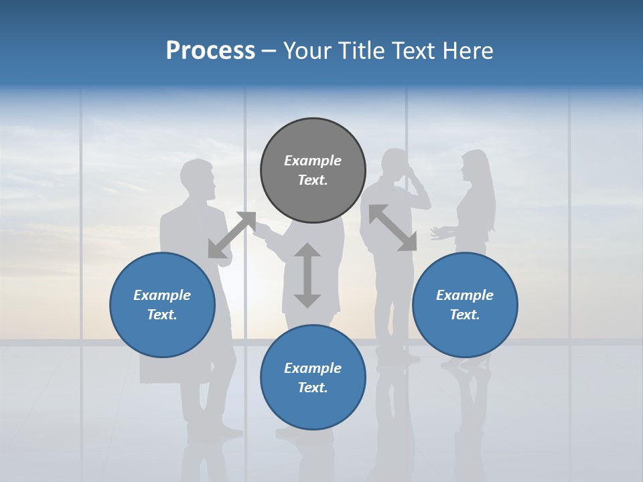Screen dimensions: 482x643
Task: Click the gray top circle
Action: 313,171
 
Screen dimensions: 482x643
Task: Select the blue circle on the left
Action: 162,305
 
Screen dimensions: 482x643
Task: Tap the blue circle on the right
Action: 465,305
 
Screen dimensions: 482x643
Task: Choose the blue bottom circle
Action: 313,378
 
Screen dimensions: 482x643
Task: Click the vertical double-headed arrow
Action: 307,275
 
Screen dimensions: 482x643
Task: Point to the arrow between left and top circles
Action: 232,234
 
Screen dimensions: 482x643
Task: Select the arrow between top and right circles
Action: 392,228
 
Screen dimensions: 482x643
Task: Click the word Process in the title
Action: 210,50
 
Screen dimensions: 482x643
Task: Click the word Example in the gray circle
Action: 313,161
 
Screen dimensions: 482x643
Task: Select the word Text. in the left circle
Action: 162,315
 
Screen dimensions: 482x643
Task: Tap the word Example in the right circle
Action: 465,295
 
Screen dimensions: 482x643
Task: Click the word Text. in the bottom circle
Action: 313,388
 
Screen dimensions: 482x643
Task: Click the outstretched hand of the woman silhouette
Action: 439,233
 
